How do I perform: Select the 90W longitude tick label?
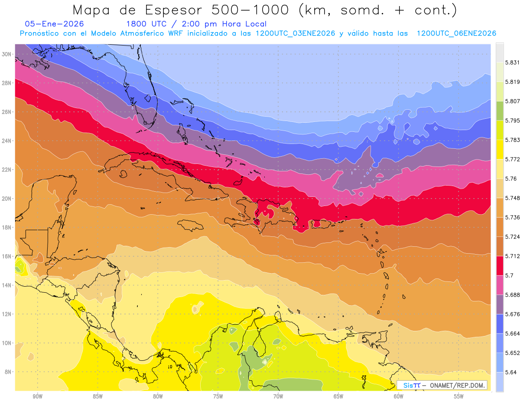37,396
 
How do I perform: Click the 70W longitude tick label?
278,396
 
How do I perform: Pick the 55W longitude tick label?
459,396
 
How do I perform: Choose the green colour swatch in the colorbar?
500,111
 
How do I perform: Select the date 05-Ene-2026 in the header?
55,24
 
